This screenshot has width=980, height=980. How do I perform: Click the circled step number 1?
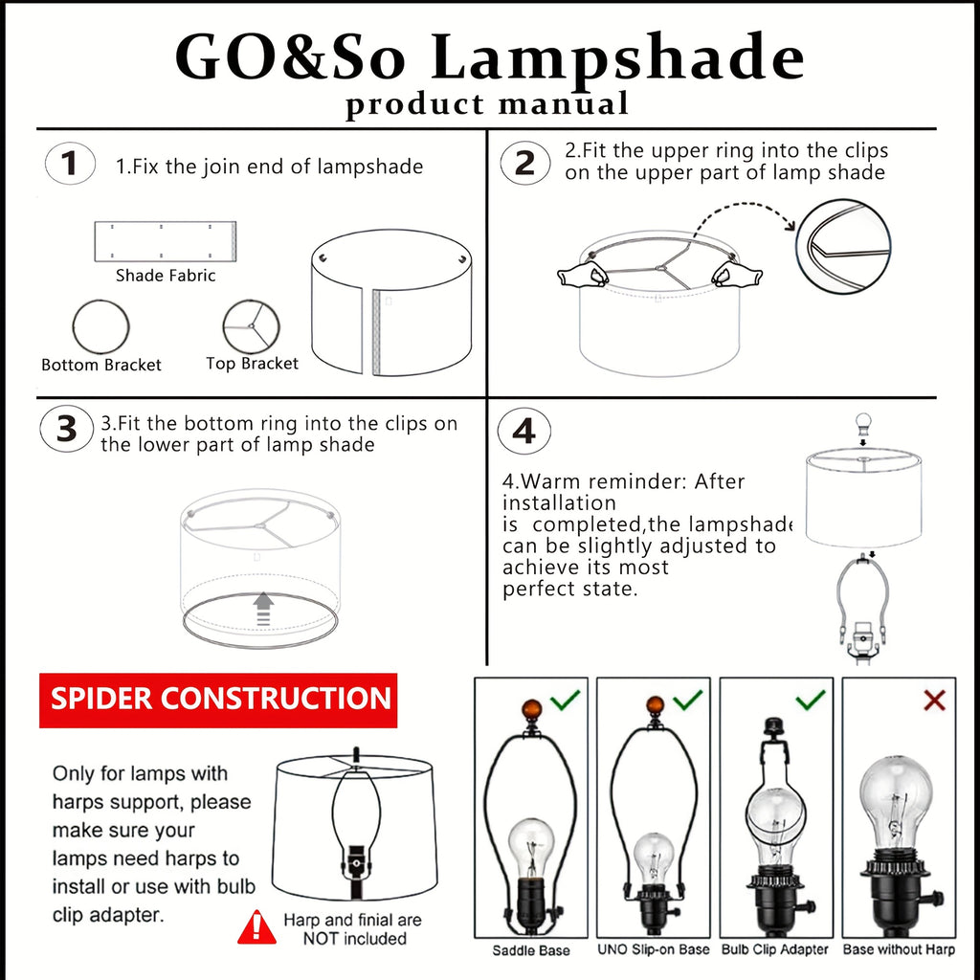[70, 164]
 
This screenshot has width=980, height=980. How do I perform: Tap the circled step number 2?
[525, 163]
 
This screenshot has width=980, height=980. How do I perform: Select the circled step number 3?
[67, 430]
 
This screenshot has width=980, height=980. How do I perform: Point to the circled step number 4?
[524, 432]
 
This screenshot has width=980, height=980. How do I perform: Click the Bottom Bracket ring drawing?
[74, 327]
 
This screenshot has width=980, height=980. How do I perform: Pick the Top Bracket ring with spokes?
[224, 327]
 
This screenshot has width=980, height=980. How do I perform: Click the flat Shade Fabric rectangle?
[165, 241]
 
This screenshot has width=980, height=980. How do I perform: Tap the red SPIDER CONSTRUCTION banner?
[218, 700]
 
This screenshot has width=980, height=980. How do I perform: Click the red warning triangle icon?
[256, 927]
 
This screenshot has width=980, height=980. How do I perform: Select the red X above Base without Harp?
[934, 700]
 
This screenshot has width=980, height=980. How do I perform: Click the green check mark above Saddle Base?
[566, 700]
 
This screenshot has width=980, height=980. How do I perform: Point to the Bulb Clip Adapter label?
[775, 949]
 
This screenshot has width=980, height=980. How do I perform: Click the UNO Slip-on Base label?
[653, 949]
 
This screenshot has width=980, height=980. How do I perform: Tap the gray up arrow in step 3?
[264, 608]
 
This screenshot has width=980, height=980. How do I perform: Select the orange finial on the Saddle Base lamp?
[532, 710]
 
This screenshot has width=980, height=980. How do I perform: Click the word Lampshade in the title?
[617, 58]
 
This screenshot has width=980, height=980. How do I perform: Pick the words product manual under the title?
[487, 103]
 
